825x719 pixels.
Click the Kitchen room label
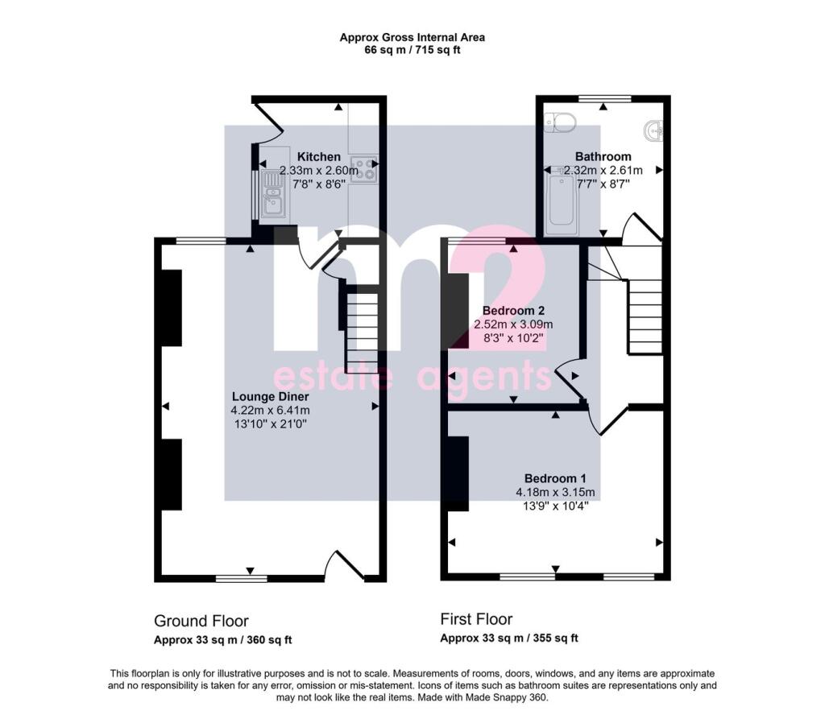318,157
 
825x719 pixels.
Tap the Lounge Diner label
271,397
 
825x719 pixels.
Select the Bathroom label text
603,156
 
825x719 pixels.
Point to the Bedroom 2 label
513,310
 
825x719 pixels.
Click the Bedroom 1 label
555,478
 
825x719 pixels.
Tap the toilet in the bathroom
560,122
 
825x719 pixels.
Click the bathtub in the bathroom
562,205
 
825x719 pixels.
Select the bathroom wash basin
654,130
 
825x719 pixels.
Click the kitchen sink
273,195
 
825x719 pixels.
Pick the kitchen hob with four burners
364,169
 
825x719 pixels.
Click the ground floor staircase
362,333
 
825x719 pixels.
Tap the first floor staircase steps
645,316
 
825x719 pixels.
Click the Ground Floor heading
201,621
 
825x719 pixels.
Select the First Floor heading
476,619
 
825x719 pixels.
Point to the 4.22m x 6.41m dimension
271,411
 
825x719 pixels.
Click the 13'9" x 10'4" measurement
555,506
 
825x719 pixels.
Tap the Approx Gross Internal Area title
412,37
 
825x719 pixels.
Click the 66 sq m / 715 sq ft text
412,51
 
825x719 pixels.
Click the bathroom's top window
604,98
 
